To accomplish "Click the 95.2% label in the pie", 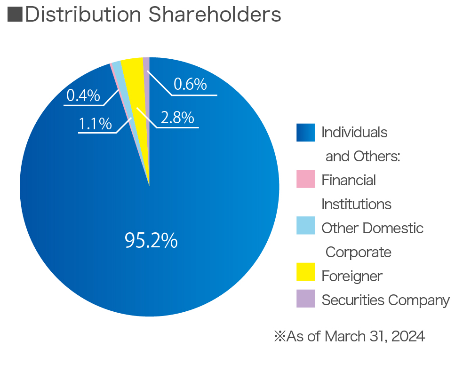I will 151,240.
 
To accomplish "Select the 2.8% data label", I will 177,118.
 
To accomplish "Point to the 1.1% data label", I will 95,124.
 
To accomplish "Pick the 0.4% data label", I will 83,95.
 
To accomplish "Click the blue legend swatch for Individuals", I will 305,132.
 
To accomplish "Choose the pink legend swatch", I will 305,179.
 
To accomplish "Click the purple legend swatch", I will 305,299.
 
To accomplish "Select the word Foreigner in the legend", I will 351,276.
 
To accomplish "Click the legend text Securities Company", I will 385,300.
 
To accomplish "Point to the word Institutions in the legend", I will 356,205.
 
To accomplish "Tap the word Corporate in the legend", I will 358,252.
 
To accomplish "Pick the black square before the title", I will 15,15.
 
